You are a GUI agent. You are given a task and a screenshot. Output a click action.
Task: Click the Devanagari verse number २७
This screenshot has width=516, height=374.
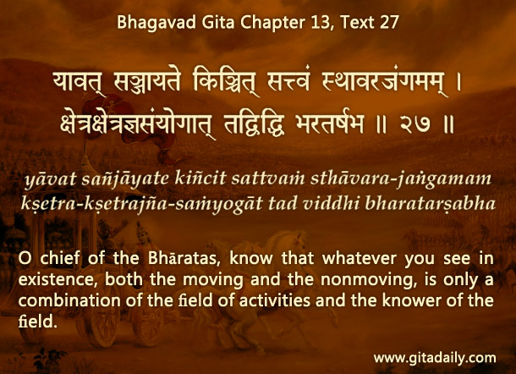tap(415, 124)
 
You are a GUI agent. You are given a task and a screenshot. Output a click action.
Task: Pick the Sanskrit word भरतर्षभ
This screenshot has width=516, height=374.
tap(330, 124)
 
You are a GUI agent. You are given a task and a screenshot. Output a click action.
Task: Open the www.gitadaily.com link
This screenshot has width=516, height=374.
tap(435, 358)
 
